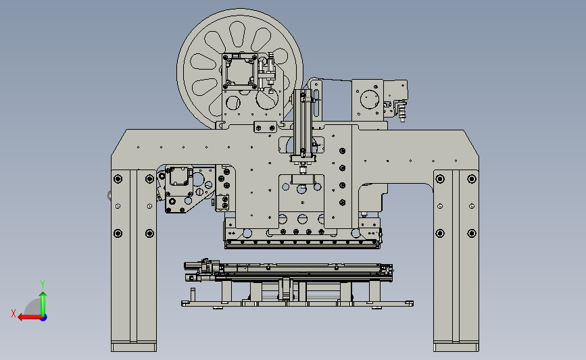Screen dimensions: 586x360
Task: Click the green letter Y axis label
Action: click(x=43, y=284)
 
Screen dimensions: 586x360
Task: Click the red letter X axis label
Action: click(x=14, y=313)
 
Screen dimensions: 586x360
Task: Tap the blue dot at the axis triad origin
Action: click(x=44, y=317)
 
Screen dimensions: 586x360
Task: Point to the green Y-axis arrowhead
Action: click(x=43, y=295)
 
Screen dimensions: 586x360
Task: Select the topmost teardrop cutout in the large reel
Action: click(x=237, y=34)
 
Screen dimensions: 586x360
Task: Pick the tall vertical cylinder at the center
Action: click(x=303, y=122)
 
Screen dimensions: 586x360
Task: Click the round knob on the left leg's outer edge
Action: click(x=109, y=195)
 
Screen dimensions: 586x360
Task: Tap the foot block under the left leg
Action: click(x=134, y=347)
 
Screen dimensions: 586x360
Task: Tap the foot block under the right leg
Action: click(x=456, y=347)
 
